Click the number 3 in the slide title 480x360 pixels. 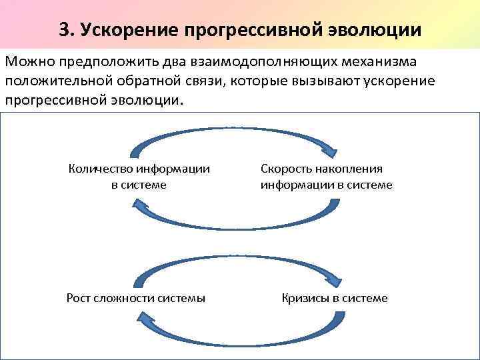(x=63, y=30)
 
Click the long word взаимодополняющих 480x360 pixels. (x=267, y=63)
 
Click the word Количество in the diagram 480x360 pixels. (x=100, y=169)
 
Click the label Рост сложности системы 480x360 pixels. (x=136, y=298)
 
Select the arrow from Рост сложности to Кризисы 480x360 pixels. (x=233, y=259)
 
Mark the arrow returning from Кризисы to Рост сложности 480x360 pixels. (x=233, y=339)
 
